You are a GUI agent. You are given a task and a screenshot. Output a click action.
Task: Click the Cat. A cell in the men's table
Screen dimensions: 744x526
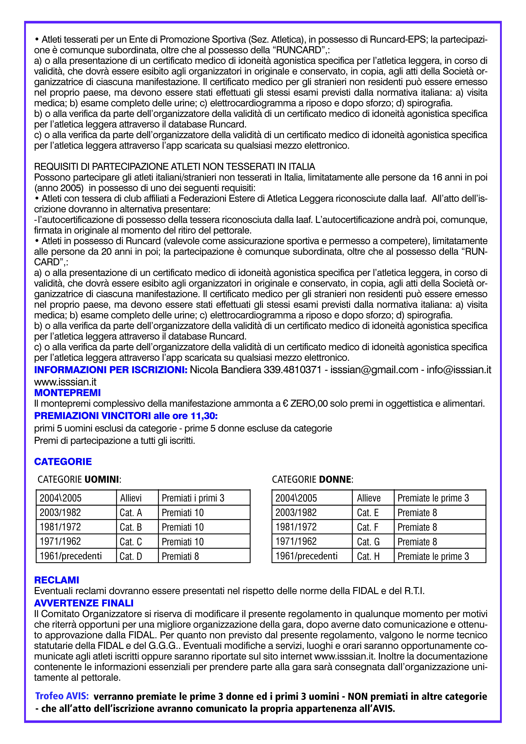(x=131, y=513)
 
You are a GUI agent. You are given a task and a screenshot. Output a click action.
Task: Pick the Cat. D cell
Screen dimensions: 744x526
(x=131, y=556)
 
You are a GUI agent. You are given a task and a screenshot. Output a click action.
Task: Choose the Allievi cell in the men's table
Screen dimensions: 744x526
(x=131, y=498)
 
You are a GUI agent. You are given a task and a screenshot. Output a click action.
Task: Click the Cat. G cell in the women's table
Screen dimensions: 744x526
(x=368, y=542)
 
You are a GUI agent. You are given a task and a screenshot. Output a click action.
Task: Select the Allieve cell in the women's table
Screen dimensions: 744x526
(x=369, y=498)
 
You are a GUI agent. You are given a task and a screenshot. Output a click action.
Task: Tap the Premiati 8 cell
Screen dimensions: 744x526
(x=180, y=556)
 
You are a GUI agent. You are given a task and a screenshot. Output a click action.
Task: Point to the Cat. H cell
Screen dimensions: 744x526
(x=368, y=556)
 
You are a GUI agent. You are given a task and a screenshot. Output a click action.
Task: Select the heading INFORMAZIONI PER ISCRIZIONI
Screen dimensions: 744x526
(x=111, y=370)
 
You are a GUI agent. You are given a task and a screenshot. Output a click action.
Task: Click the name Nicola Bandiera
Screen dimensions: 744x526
(x=225, y=370)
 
